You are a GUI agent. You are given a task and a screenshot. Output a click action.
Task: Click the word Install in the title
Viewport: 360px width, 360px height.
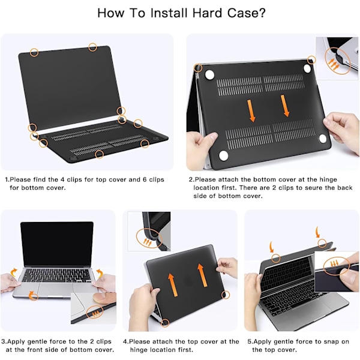(169, 13)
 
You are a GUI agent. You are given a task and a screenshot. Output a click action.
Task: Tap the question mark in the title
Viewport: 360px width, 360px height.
(262, 13)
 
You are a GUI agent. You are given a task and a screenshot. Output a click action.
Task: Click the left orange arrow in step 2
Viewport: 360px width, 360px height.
(251, 110)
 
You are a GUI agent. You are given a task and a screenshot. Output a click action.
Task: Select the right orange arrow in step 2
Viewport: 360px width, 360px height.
(285, 106)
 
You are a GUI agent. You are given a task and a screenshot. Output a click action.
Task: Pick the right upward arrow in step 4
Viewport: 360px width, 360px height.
(203, 275)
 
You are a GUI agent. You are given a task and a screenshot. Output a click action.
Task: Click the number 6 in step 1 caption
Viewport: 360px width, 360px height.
(145, 179)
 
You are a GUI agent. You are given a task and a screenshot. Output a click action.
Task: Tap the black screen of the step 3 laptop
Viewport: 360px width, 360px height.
(57, 244)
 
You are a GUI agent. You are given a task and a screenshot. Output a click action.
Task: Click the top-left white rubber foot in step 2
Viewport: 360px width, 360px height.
(209, 75)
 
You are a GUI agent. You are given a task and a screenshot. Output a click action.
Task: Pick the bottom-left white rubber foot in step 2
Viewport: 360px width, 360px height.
(223, 155)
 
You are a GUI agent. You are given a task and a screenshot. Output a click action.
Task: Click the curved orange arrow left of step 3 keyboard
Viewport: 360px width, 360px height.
(14, 272)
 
